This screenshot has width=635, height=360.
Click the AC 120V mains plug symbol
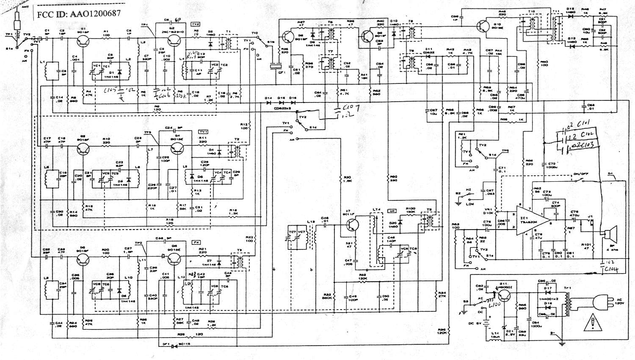(x=600, y=302)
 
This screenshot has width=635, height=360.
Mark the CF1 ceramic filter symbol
(x=276, y=66)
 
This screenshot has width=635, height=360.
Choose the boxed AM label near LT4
(x=392, y=211)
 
